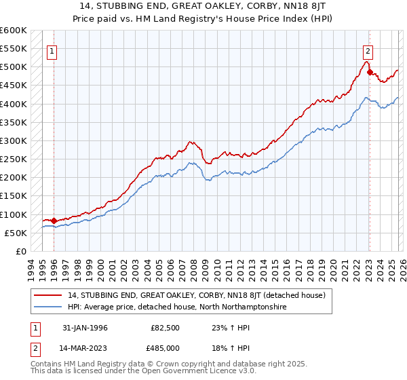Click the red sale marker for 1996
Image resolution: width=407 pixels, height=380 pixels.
pos(54,221)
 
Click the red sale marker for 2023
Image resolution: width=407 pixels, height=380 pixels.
pos(369,72)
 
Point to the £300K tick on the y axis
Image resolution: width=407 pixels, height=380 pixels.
pos(14,140)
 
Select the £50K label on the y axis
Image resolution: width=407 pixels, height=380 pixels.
pos(16,233)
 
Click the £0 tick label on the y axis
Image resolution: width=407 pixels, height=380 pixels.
pos(20,251)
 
